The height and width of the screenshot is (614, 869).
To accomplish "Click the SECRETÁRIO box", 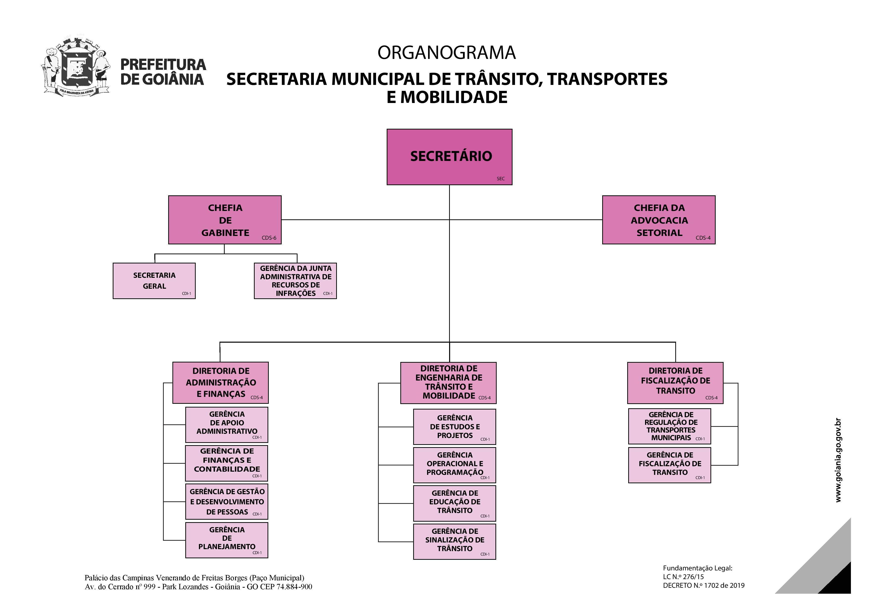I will (449, 157).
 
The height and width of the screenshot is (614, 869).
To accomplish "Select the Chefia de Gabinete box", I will (225, 220).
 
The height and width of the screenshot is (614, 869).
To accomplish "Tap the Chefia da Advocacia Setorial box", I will (659, 220).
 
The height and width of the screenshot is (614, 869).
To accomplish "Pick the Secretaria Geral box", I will (154, 281).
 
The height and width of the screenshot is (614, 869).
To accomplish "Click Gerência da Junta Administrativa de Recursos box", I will (295, 281).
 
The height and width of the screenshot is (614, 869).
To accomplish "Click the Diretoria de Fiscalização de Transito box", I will (675, 383).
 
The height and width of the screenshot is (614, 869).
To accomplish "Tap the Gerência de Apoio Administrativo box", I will (227, 424).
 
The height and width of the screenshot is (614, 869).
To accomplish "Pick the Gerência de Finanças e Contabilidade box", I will (227, 463).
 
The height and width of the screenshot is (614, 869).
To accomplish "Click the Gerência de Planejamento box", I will (227, 540).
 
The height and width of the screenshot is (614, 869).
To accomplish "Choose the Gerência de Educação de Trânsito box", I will (455, 503).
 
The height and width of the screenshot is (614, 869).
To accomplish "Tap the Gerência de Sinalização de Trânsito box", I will (455, 541).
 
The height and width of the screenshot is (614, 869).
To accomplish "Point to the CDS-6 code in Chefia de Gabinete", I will (269, 238).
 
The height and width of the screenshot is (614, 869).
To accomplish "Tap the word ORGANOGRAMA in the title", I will (447, 52).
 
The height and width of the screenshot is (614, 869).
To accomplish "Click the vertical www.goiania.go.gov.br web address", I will (838, 460).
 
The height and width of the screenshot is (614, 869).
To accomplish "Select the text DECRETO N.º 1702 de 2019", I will (704, 586).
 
